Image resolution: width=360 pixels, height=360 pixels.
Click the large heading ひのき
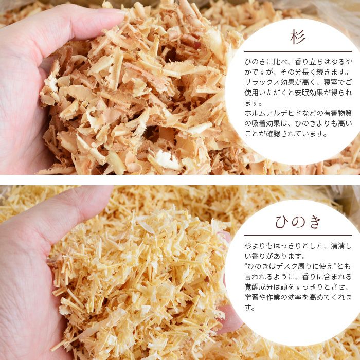pos(298,222)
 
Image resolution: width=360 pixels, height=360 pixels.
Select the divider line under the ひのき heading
pos(298,236)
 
